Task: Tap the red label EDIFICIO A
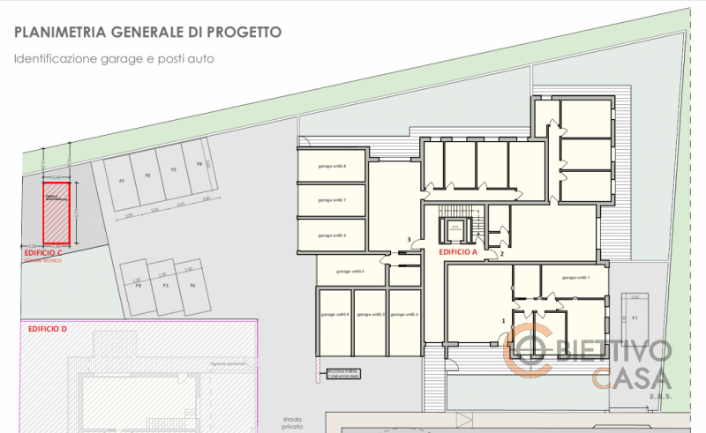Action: pos(458,251)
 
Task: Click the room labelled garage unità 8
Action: pos(332,167)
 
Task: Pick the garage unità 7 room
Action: pos(332,201)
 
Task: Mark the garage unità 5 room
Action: pos(332,235)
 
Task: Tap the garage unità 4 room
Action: pos(334,315)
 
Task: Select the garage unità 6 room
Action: pos(403,315)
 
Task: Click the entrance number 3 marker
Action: pos(409,240)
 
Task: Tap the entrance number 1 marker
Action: pos(503,322)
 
